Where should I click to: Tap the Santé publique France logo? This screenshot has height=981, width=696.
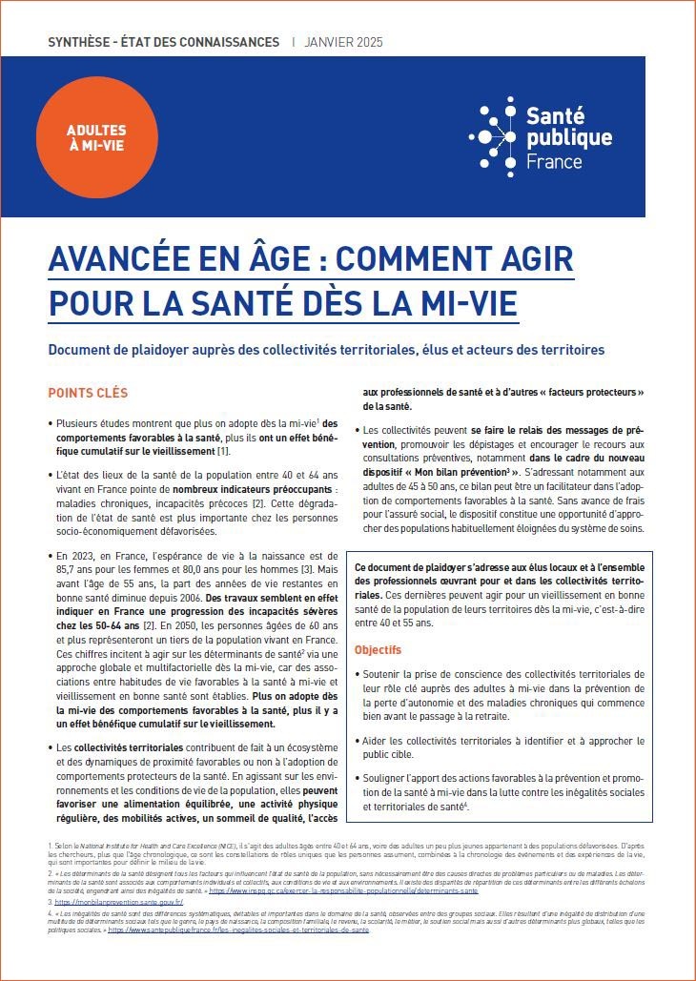(542, 137)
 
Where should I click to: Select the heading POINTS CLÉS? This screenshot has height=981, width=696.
(88, 393)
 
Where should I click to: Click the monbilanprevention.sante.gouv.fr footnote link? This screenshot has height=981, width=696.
(119, 901)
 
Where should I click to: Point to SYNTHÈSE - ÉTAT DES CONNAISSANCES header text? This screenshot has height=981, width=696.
(163, 42)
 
